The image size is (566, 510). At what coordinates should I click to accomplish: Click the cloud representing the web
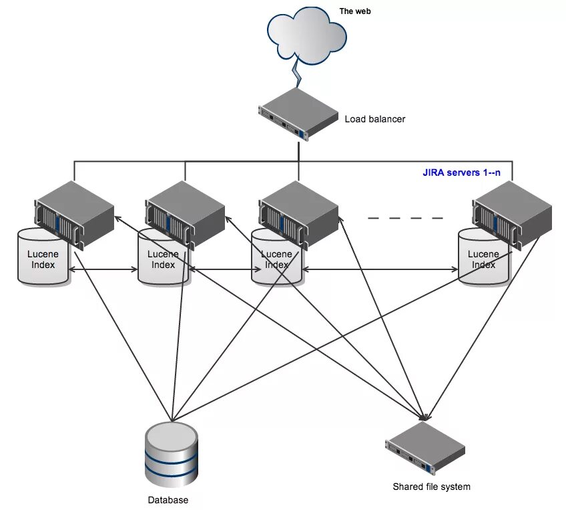point(307,35)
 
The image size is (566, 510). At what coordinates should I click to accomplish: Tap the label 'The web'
point(355,11)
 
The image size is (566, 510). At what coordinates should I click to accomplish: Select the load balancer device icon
point(298,114)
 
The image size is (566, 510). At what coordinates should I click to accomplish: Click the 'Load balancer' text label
point(374,119)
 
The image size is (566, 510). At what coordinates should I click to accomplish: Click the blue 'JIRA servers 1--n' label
point(461,172)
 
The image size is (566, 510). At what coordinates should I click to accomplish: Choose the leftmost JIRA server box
point(74,215)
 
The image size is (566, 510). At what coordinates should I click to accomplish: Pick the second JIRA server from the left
point(185,215)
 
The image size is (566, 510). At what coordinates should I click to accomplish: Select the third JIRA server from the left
point(298,215)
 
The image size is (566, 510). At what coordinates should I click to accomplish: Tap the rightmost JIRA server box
point(512,215)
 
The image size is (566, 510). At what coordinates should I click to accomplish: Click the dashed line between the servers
point(405,219)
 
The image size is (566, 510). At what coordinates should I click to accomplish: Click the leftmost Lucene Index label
point(43,259)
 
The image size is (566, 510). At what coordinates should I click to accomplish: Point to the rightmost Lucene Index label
point(483,259)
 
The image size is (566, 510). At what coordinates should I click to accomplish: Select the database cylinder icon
point(172,455)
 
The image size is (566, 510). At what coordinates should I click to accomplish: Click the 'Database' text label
point(168,500)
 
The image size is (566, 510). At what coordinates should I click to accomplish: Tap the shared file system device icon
point(425,449)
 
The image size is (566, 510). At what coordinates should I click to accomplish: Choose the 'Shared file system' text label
point(431,487)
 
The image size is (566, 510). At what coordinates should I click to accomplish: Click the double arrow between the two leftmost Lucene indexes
point(103,269)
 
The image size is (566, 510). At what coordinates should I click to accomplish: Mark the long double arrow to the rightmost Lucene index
point(380,269)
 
